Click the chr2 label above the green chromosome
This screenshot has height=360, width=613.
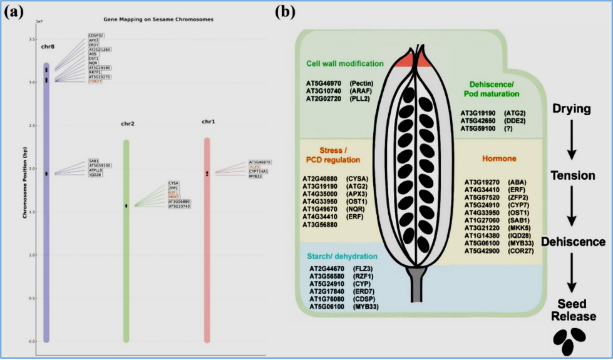[x=128, y=123]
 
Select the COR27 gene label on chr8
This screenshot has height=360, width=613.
[x=95, y=82]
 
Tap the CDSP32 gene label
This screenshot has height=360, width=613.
[x=96, y=35]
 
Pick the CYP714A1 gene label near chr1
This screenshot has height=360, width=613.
[x=259, y=172]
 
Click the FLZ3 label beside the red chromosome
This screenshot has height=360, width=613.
[x=255, y=167]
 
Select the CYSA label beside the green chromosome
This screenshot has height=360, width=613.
[x=173, y=182]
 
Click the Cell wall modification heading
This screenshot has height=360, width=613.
[x=344, y=63]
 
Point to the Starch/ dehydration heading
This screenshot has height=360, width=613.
[x=342, y=257]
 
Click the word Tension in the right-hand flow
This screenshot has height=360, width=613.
[x=572, y=176]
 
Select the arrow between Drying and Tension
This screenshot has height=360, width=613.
[x=571, y=143]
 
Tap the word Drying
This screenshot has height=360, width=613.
[x=571, y=109]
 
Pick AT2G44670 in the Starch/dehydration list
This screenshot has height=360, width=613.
[x=327, y=269]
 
